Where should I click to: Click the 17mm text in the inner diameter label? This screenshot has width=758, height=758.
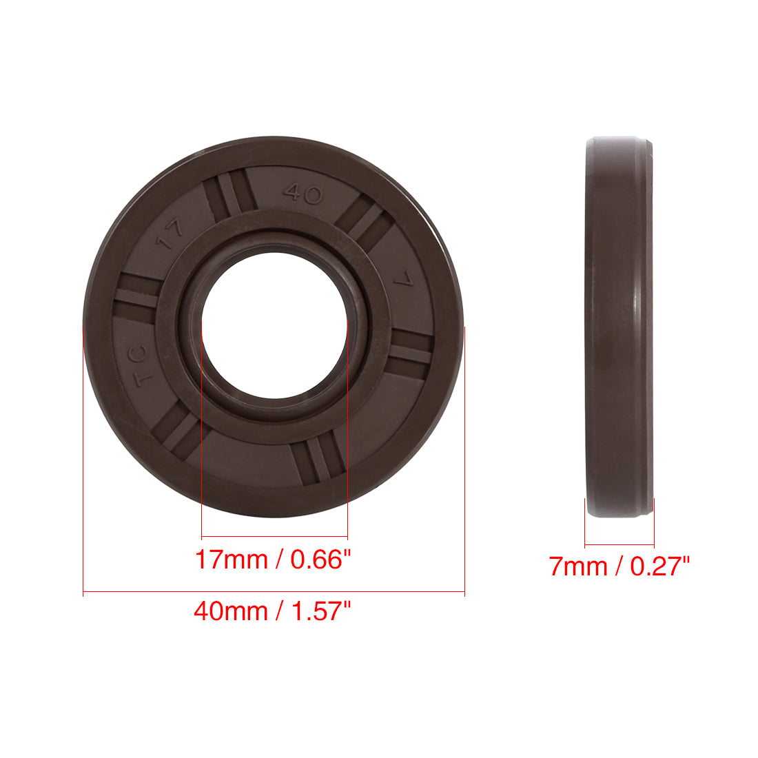coord(231,559)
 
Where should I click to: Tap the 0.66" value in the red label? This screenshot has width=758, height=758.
coord(316,559)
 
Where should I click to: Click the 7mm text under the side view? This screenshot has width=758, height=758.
coord(578,566)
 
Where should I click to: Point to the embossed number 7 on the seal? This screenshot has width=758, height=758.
coord(402,281)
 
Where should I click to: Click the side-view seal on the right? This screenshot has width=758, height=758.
coord(619,327)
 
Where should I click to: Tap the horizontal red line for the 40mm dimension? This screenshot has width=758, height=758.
coord(274,592)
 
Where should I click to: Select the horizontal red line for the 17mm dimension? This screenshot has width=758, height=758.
coord(274,537)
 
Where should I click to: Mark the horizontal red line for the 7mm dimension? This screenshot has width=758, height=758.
coord(619,544)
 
